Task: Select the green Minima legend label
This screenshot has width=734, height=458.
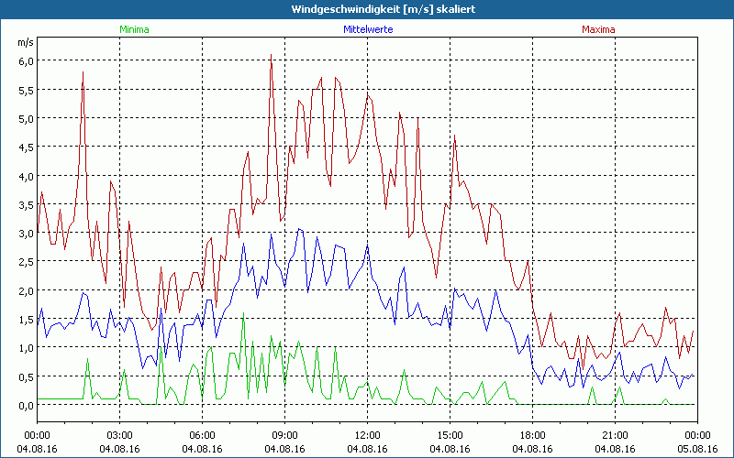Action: (x=133, y=29)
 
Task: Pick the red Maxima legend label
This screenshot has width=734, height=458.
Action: (x=598, y=29)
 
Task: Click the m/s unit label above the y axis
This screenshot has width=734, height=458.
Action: (x=24, y=43)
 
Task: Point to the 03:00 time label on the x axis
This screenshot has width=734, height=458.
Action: (x=119, y=435)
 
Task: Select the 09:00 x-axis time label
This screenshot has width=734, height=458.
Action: (x=284, y=435)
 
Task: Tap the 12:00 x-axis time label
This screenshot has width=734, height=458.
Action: (x=367, y=435)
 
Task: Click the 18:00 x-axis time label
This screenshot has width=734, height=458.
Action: (x=532, y=435)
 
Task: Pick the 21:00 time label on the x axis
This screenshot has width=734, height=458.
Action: (x=615, y=435)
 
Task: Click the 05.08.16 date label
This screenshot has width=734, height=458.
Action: (x=697, y=449)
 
